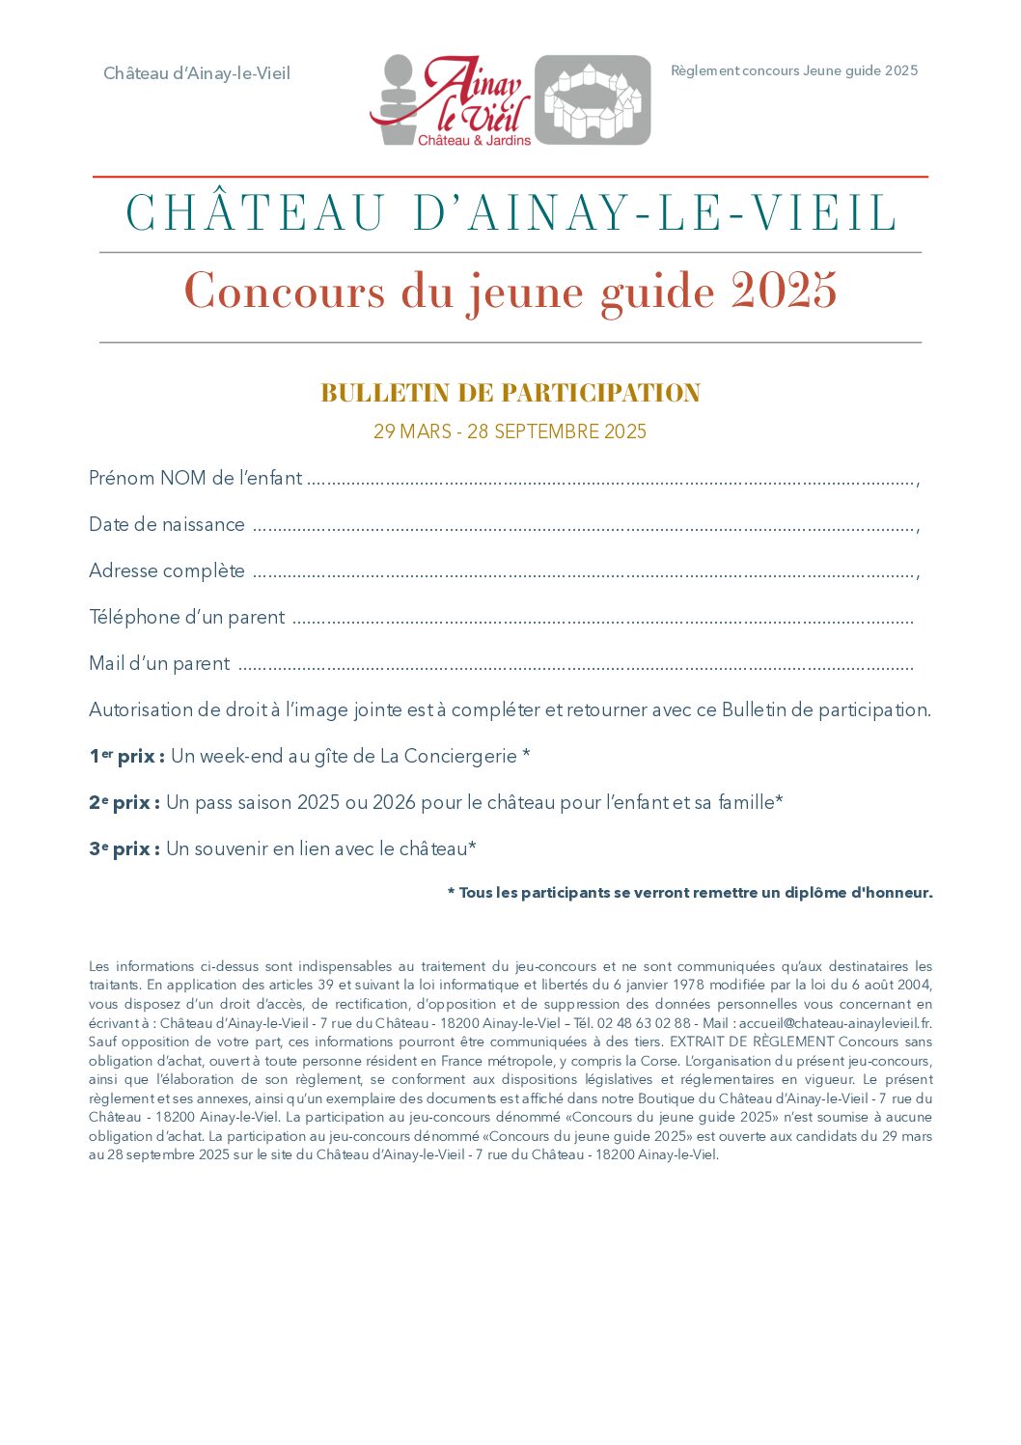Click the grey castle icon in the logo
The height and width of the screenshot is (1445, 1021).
click(593, 100)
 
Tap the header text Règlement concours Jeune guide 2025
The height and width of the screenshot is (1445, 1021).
click(794, 70)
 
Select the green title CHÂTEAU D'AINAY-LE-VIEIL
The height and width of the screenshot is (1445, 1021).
click(510, 213)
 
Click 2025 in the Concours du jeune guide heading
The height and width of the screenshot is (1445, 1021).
click(784, 291)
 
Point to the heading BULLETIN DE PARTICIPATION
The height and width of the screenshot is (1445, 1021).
click(510, 393)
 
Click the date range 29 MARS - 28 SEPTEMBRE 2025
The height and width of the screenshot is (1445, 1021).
click(510, 431)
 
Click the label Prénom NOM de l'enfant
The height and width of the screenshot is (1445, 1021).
click(195, 478)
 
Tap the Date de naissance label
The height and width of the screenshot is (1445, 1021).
click(167, 524)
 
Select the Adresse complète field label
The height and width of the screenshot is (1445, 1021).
click(167, 570)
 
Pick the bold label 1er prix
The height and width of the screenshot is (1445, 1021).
click(126, 756)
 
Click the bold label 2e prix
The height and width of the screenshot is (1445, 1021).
click(124, 802)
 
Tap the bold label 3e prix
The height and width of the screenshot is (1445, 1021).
click(124, 848)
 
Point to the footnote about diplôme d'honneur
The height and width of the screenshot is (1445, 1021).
click(690, 893)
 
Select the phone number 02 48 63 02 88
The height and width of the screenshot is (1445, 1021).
click(644, 1023)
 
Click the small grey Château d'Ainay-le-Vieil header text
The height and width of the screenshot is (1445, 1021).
click(197, 73)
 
